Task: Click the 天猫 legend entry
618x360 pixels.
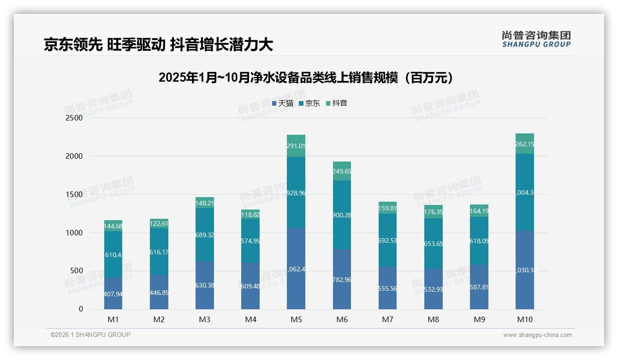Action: coord(282,103)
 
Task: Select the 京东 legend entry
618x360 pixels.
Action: coord(309,103)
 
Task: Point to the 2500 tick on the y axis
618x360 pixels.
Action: coord(74,118)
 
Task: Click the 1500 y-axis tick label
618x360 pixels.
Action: coord(74,195)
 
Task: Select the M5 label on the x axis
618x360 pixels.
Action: coord(296,319)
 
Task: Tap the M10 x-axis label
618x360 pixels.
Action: coord(524,319)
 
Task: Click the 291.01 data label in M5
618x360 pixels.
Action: coord(296,146)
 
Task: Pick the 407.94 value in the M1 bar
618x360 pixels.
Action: coord(113,294)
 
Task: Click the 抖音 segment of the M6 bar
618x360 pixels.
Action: coord(342,171)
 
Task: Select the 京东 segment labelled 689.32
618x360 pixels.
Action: coord(205,235)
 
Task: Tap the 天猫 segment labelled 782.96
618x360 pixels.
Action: coord(342,279)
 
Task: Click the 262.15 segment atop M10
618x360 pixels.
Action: coord(525,144)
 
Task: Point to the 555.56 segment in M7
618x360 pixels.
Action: coord(387,288)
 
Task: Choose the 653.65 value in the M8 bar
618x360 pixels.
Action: coord(434,244)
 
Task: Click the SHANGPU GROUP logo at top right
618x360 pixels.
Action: coord(536,39)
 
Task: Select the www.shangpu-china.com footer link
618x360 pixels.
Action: coord(537,335)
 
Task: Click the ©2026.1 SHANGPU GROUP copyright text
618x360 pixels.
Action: coord(90,335)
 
